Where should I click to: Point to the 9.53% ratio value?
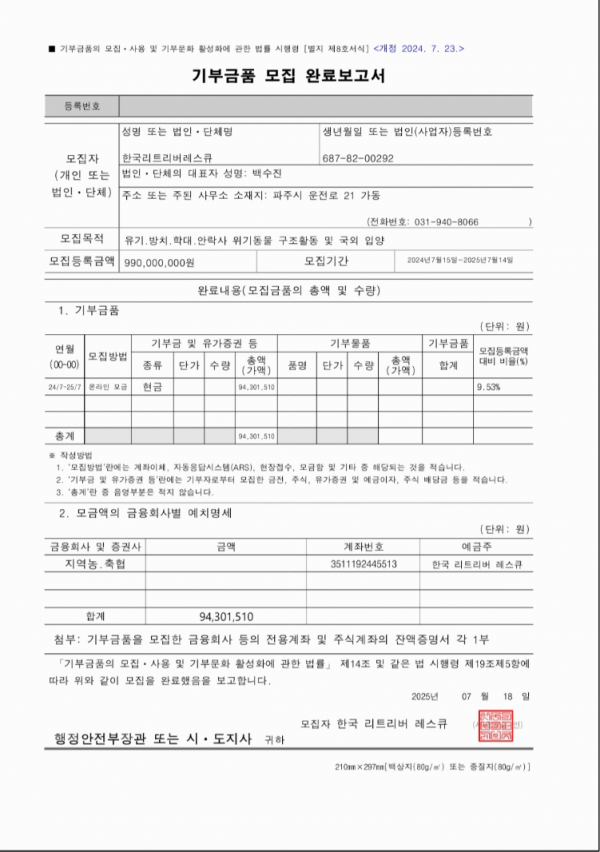[x=490, y=385]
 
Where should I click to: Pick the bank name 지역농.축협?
[x=95, y=564]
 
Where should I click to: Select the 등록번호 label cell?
[x=82, y=105]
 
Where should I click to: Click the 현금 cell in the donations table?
[x=153, y=385]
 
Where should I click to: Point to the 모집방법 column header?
[x=108, y=356]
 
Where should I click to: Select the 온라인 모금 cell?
[x=108, y=385]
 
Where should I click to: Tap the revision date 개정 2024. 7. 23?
[x=418, y=48]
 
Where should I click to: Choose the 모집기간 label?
[x=326, y=261]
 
